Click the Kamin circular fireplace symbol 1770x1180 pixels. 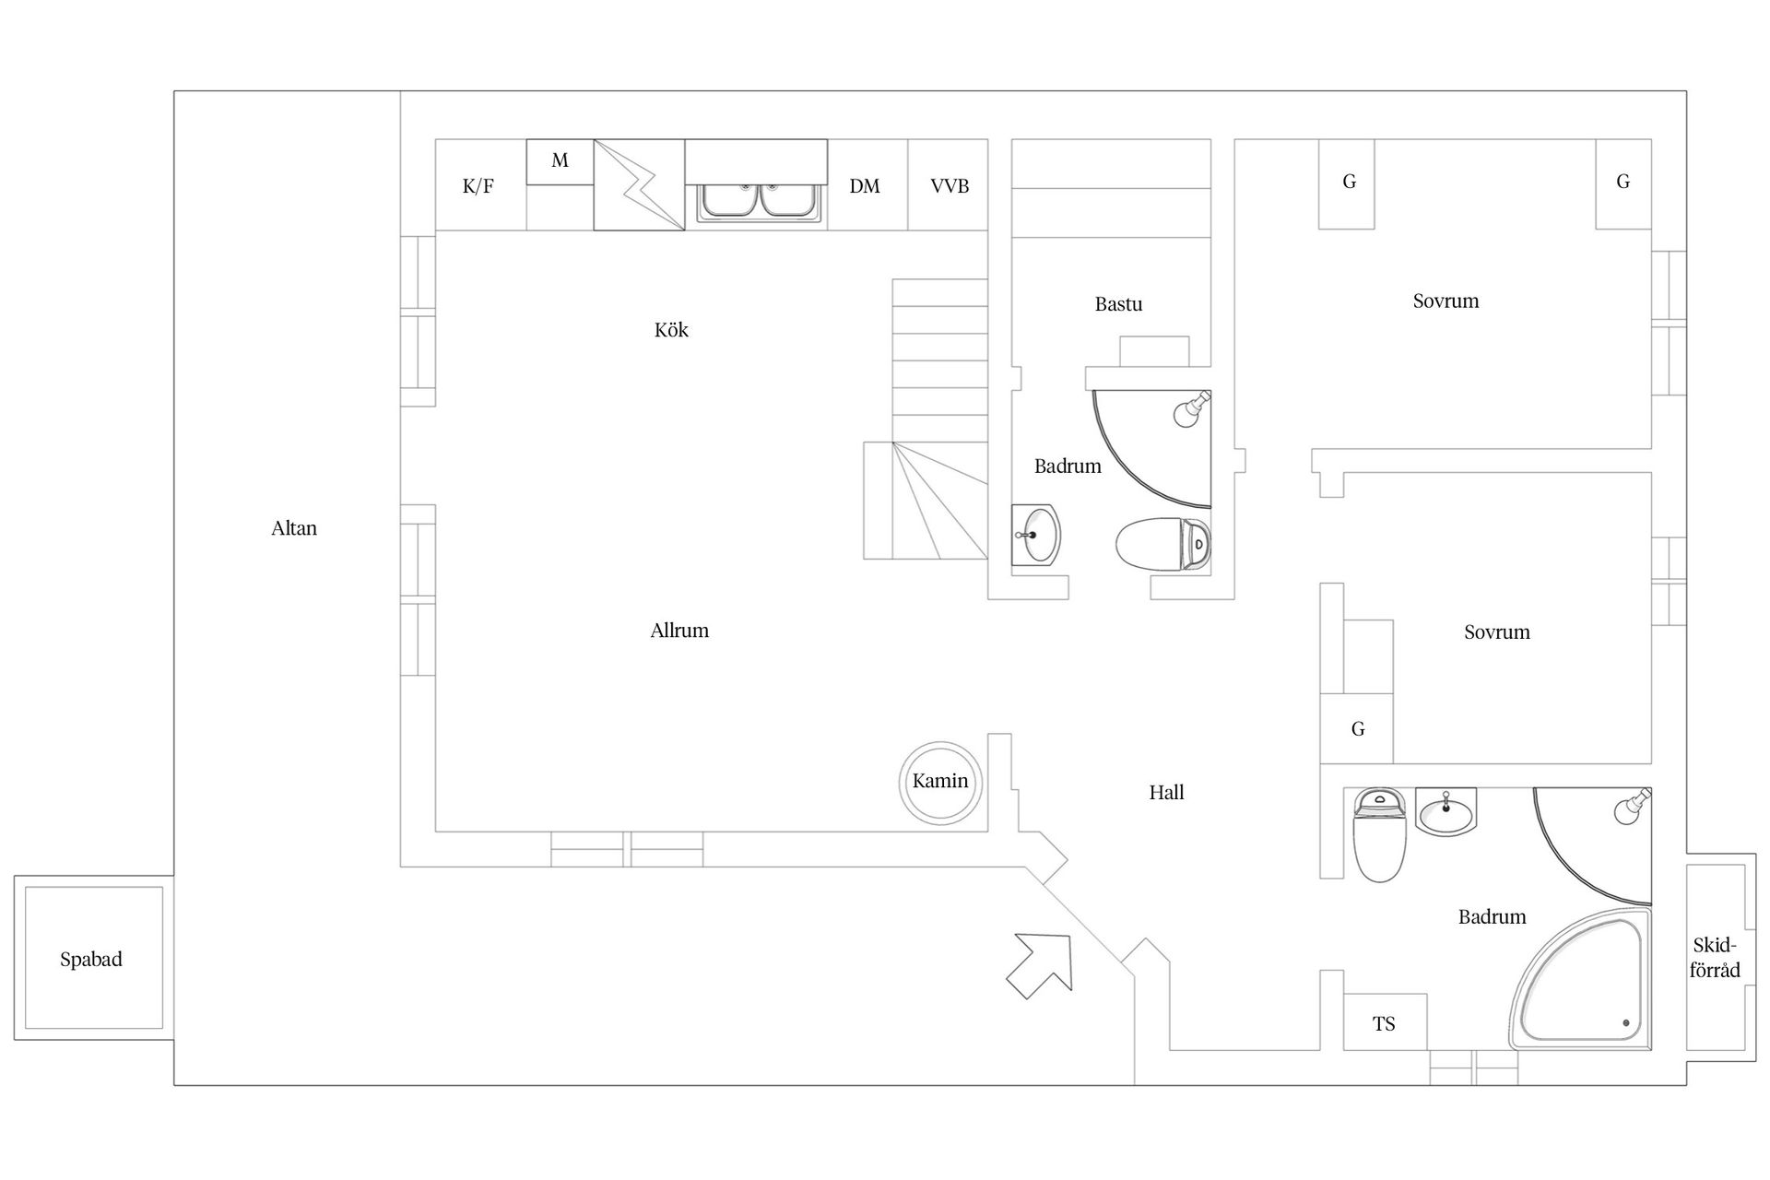[940, 782]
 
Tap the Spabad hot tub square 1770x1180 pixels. [92, 959]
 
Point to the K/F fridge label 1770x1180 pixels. [478, 187]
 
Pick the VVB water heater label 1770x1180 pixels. [950, 187]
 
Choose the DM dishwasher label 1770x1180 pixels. [865, 187]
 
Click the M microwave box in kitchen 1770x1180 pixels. [560, 161]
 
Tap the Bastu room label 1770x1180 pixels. [1118, 304]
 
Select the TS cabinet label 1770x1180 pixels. [1384, 1024]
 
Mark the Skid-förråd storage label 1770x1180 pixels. [1715, 958]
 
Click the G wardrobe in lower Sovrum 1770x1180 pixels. [1357, 729]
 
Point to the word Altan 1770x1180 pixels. [294, 528]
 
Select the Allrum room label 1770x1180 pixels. [679, 631]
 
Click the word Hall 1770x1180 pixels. [1166, 793]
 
